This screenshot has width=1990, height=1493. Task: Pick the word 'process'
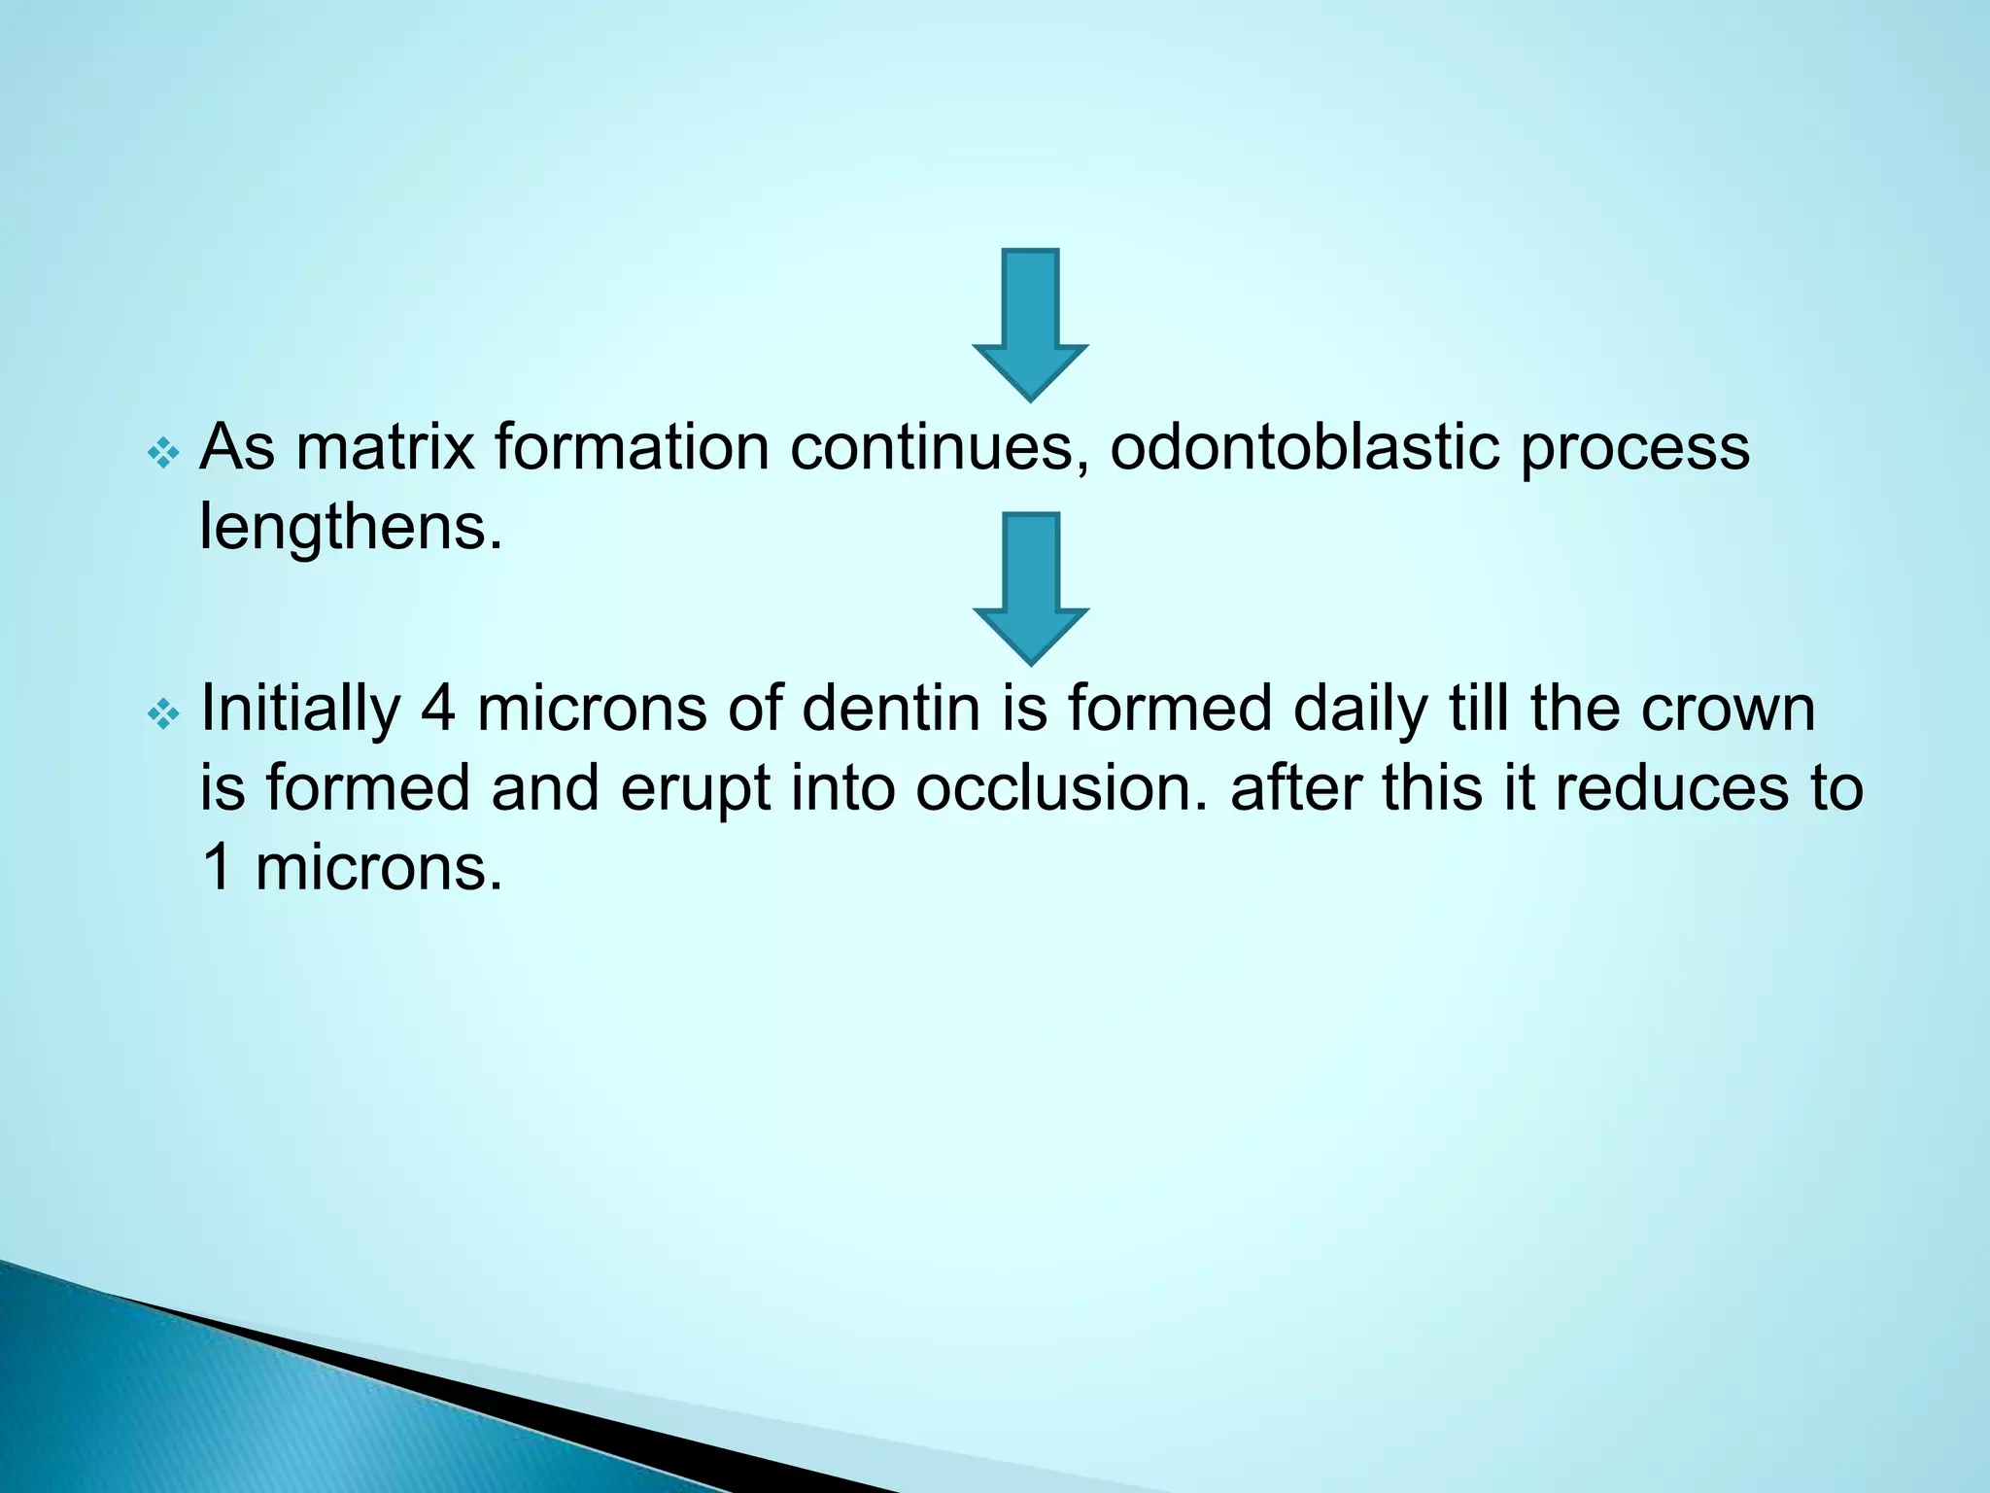click(x=1634, y=449)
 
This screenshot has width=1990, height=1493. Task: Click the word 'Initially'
click(x=300, y=709)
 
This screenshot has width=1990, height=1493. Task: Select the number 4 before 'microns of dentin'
click(x=438, y=709)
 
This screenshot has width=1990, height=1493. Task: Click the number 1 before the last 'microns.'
click(x=218, y=867)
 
